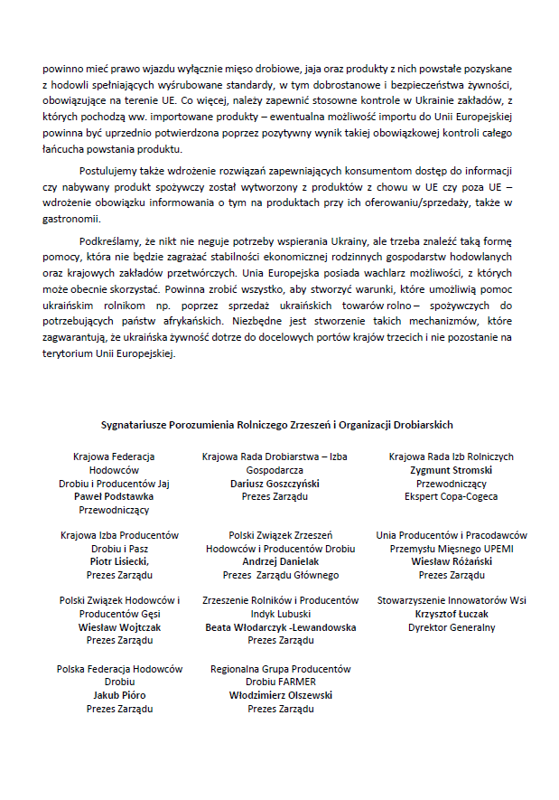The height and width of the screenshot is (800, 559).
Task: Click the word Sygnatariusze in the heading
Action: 131,425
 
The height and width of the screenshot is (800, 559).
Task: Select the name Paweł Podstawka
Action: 114,496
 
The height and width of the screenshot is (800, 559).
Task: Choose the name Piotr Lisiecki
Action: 119,561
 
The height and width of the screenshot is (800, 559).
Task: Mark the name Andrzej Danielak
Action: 280,561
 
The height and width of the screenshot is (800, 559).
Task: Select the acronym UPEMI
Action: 492,549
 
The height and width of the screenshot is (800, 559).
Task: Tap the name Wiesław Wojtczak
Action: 119,626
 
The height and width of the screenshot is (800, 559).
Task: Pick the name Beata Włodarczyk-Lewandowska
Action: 280,626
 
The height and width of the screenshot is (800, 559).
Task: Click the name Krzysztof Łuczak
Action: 452,614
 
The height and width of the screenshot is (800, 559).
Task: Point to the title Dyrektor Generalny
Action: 452,627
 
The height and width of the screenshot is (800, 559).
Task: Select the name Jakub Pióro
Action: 119,695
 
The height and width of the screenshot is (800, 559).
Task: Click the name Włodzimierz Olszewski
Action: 280,695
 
